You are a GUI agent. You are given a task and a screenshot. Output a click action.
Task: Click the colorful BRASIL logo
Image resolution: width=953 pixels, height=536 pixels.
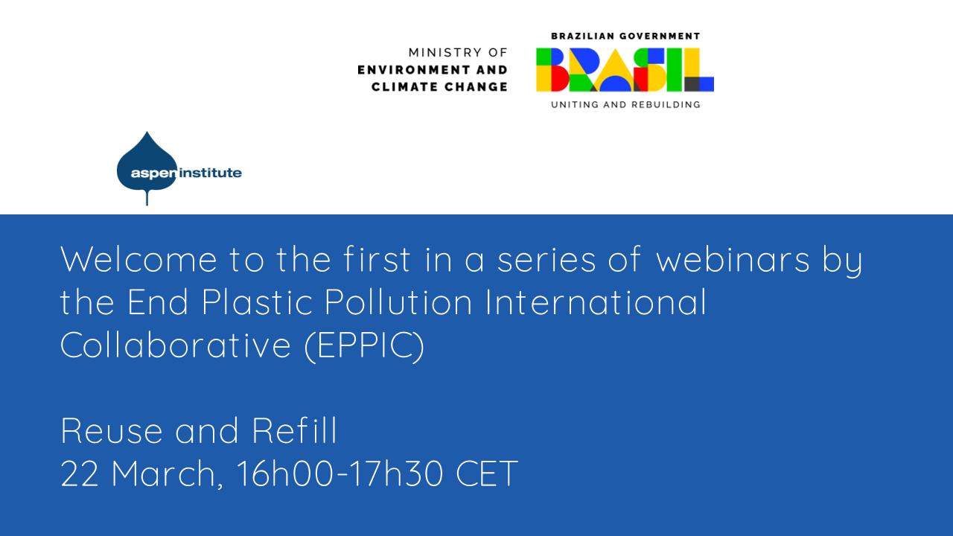(x=625, y=70)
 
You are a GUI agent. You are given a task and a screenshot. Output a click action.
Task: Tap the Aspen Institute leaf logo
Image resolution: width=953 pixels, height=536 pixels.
(x=147, y=167)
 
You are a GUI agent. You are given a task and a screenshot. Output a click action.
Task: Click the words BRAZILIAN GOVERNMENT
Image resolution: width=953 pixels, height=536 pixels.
(x=625, y=36)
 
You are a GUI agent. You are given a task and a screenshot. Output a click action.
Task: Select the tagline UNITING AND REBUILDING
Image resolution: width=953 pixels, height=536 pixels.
(x=625, y=105)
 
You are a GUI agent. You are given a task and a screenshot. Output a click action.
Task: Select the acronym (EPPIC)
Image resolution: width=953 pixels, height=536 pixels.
(x=365, y=345)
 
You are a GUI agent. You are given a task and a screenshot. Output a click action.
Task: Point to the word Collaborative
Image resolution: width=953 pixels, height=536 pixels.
(x=176, y=345)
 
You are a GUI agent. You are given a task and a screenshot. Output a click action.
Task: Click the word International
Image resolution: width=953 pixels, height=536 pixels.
(x=596, y=301)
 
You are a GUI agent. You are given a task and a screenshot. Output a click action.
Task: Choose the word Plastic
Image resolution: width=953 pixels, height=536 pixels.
(x=258, y=301)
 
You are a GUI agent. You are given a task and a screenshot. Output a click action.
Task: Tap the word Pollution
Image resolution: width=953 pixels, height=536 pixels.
(x=398, y=301)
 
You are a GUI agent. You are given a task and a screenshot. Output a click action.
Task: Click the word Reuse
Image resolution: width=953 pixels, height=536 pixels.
(x=112, y=430)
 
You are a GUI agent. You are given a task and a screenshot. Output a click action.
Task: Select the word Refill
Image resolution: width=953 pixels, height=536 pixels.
(x=294, y=430)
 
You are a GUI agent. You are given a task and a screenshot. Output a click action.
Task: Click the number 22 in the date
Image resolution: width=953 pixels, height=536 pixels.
(x=80, y=473)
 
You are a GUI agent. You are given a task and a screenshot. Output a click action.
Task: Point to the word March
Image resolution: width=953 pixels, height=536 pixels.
(x=167, y=474)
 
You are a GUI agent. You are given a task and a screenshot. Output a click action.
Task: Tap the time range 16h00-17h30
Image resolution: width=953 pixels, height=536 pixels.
(x=340, y=473)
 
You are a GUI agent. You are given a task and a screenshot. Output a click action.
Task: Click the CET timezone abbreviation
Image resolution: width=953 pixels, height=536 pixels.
(x=487, y=473)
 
